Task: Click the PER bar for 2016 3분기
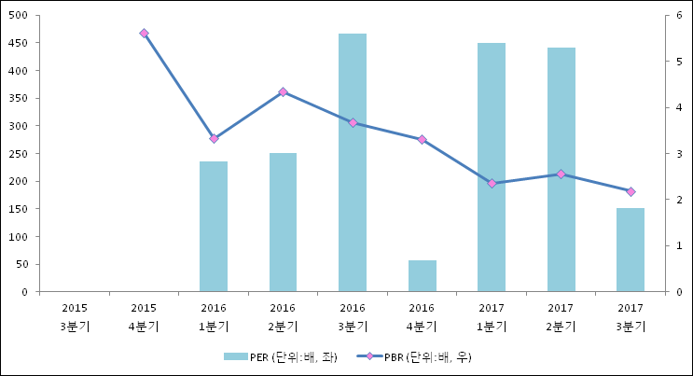[353, 162]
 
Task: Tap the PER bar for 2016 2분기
[283, 222]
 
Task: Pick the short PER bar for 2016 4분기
[422, 276]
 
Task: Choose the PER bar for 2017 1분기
[492, 167]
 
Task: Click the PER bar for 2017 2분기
[561, 170]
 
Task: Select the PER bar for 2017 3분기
[631, 250]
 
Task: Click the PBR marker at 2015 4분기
[144, 33]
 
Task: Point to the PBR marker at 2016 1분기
[214, 138]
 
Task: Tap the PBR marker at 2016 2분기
[283, 91]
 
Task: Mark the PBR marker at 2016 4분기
[422, 139]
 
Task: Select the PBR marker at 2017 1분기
[492, 183]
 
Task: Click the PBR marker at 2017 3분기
[631, 191]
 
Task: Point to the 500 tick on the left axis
[20, 16]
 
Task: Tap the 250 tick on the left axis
[20, 154]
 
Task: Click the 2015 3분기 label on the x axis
[75, 316]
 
